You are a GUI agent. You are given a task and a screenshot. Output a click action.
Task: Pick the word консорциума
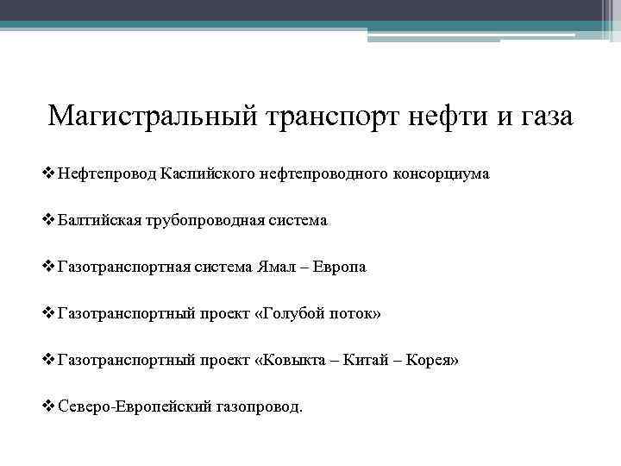click(441, 173)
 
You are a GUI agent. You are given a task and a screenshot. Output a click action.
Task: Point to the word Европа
click(341, 267)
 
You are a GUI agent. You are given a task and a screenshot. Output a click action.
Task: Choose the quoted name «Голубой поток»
click(317, 313)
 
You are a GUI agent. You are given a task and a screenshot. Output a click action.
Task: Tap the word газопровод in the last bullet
click(256, 406)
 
